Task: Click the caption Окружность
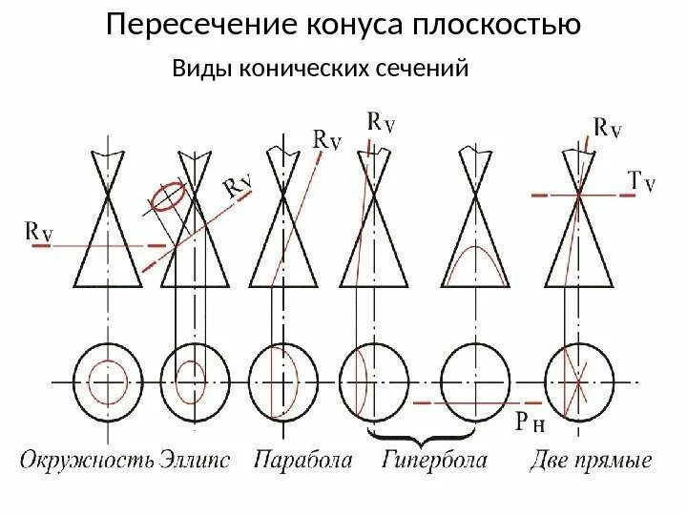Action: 87,462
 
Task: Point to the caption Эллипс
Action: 196,462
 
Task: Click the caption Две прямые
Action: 591,462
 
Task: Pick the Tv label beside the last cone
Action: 640,181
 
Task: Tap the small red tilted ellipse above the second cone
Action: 167,196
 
